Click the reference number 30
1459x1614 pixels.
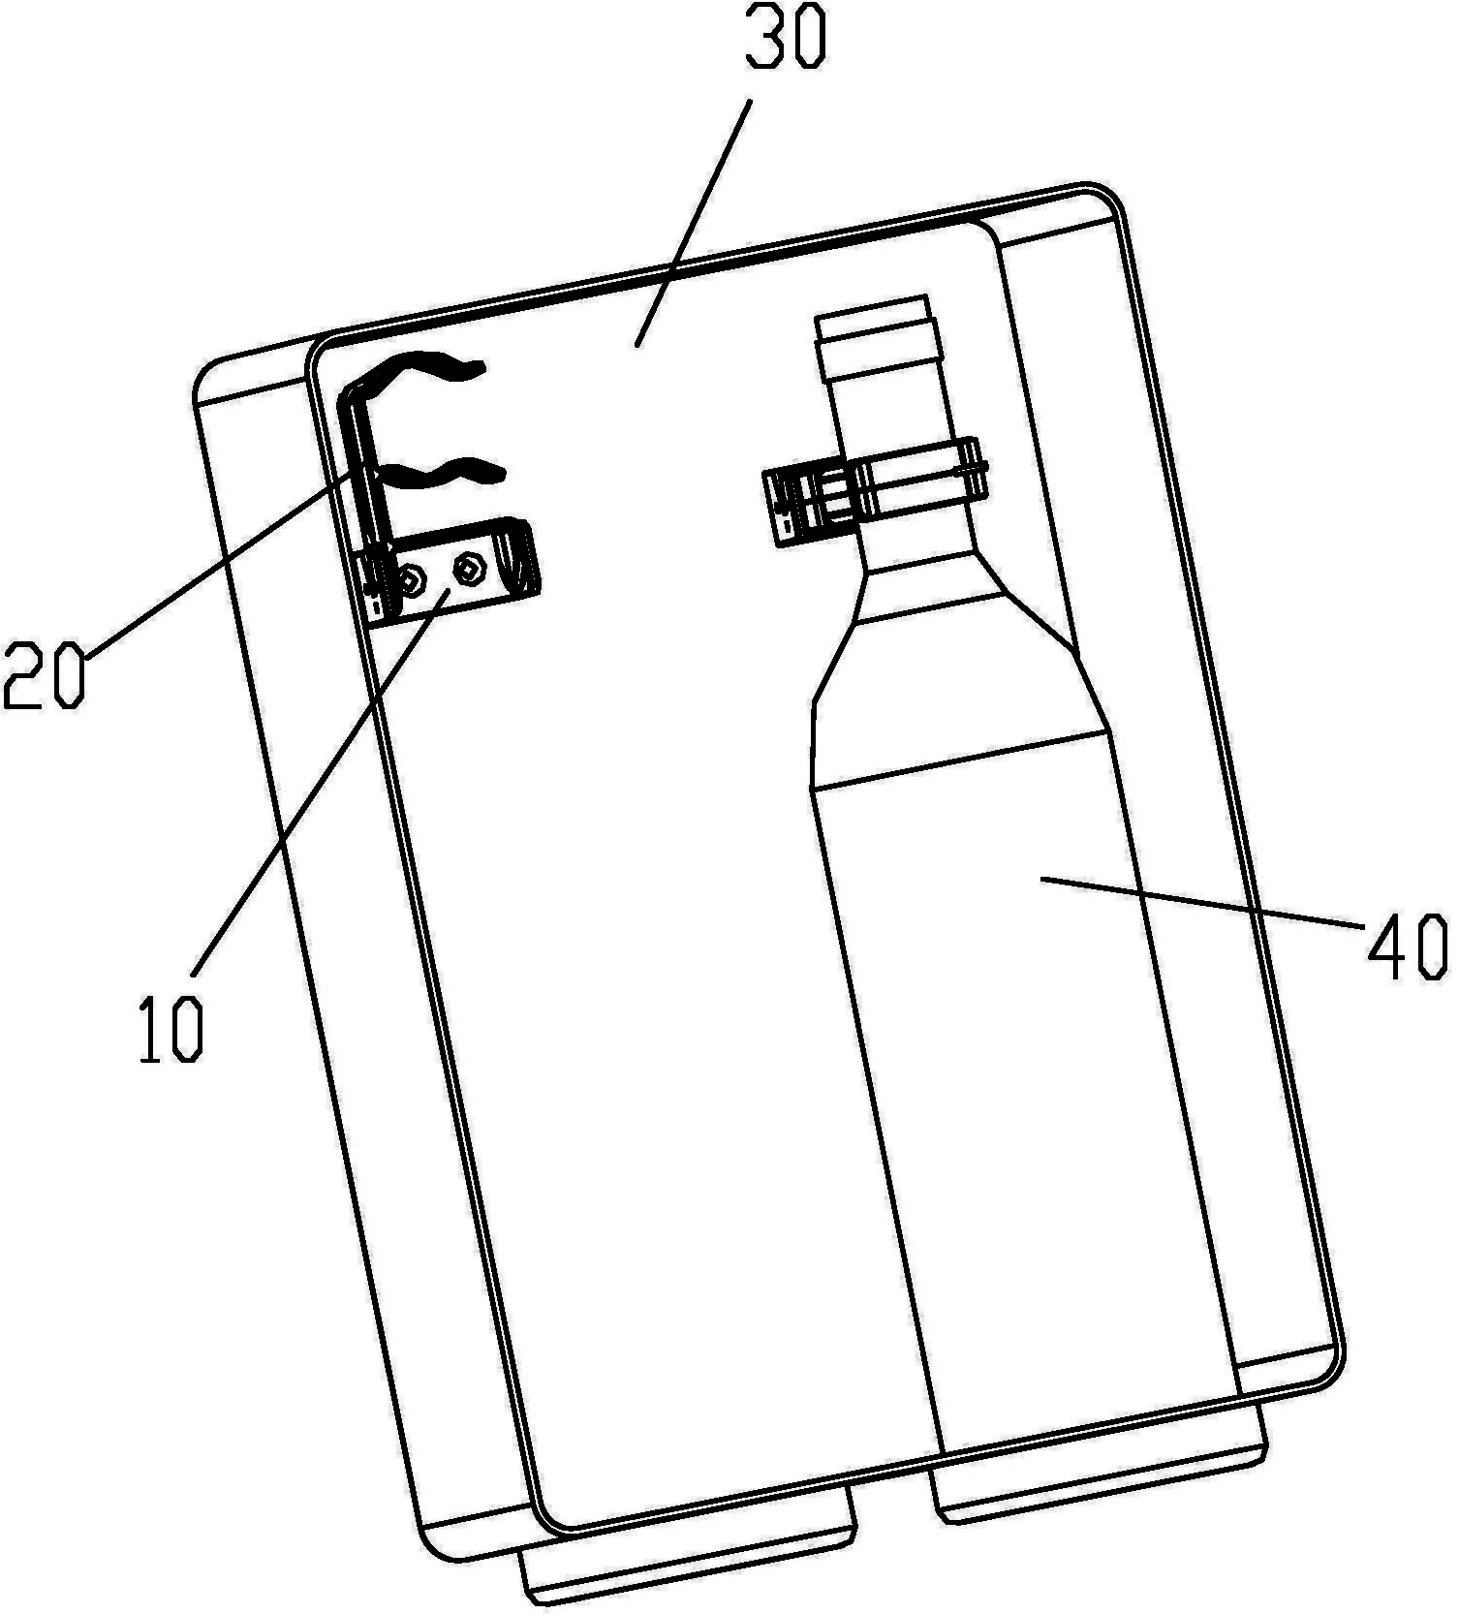[x=787, y=39]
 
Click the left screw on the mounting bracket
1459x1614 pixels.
[x=414, y=580]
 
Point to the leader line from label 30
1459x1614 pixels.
[x=693, y=222]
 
